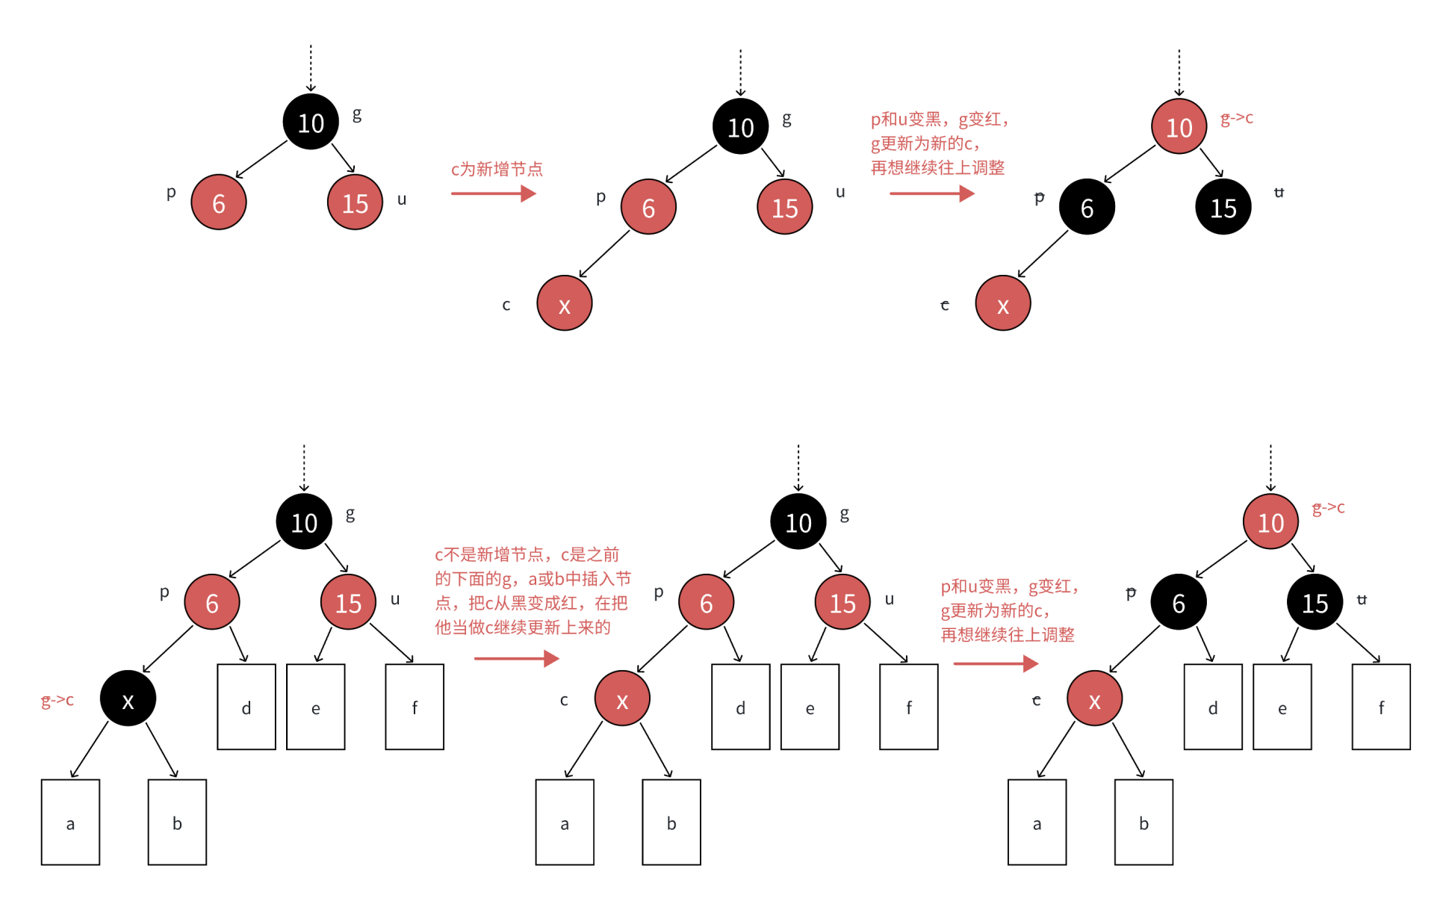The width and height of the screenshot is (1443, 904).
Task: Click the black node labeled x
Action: pyautogui.click(x=128, y=699)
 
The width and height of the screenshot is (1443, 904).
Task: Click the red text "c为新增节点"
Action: pyautogui.click(x=497, y=170)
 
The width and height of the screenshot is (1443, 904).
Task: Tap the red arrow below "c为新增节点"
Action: pyautogui.click(x=493, y=194)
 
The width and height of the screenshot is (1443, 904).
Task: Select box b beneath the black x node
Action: pyautogui.click(x=177, y=822)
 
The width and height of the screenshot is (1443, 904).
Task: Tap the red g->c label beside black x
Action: pyautogui.click(x=58, y=700)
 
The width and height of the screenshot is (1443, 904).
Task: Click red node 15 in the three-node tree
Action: pyautogui.click(x=355, y=202)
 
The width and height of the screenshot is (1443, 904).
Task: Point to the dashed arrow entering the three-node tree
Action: pyautogui.click(x=311, y=67)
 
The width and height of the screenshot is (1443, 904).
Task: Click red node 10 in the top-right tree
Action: pyautogui.click(x=1179, y=127)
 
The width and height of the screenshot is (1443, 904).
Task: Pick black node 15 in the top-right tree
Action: pyautogui.click(x=1223, y=208)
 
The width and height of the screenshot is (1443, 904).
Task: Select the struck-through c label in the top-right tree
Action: pyautogui.click(x=945, y=305)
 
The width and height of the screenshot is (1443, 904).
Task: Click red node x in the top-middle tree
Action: pyautogui.click(x=565, y=303)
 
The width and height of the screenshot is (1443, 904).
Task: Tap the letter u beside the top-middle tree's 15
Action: pyautogui.click(x=840, y=192)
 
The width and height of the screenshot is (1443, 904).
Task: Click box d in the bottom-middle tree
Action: pyautogui.click(x=740, y=707)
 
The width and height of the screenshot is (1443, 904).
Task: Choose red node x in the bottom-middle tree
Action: pyautogui.click(x=622, y=699)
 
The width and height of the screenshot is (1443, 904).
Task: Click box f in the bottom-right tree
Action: pyautogui.click(x=1381, y=707)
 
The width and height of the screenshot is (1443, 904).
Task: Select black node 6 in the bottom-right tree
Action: pyautogui.click(x=1179, y=602)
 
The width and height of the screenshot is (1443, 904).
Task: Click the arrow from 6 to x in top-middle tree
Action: pyautogui.click(x=604, y=254)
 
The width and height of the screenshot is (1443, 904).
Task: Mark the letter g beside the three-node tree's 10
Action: pyautogui.click(x=357, y=114)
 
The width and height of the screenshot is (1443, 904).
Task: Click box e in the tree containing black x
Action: pyautogui.click(x=316, y=707)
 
